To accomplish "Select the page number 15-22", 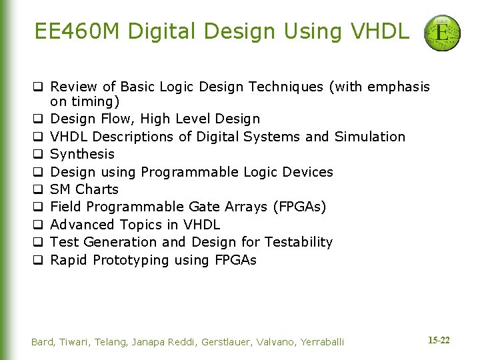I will pyautogui.click(x=438, y=341).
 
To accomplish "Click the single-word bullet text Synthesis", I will pyautogui.click(x=83, y=154).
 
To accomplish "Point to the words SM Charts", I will pyautogui.click(x=85, y=189).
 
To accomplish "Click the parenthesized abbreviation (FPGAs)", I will pyautogui.click(x=300, y=207).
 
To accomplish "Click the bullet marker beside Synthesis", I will pyautogui.click(x=39, y=155).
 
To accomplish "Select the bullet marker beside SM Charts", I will pyautogui.click(x=39, y=190).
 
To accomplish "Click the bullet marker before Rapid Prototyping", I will pyautogui.click(x=39, y=261).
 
